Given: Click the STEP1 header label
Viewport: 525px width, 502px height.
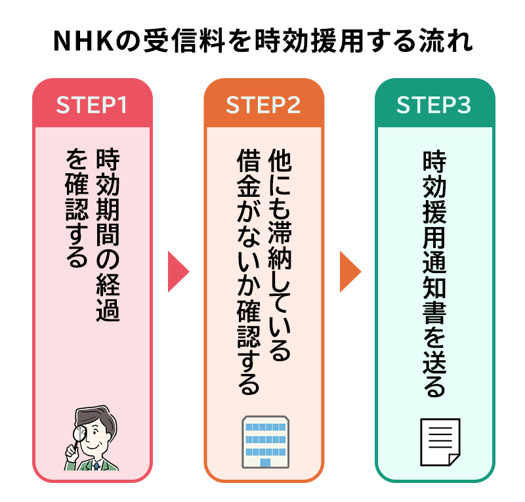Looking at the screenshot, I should click(92, 105).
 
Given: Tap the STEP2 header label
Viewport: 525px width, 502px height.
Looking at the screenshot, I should click(263, 105).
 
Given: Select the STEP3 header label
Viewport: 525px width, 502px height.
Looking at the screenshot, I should click(434, 105).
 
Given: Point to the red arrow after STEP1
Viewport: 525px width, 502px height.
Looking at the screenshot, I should click(178, 270).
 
